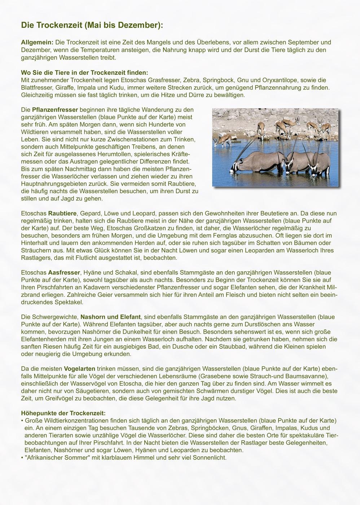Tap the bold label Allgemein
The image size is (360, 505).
(x=37, y=43)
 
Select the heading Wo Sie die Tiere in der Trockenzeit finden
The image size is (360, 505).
(x=84, y=73)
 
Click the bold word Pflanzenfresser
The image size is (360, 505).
(x=55, y=110)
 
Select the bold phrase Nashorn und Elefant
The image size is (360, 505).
(x=110, y=317)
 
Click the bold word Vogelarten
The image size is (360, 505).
(x=79, y=369)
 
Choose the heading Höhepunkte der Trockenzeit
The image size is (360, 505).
(x=63, y=413)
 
